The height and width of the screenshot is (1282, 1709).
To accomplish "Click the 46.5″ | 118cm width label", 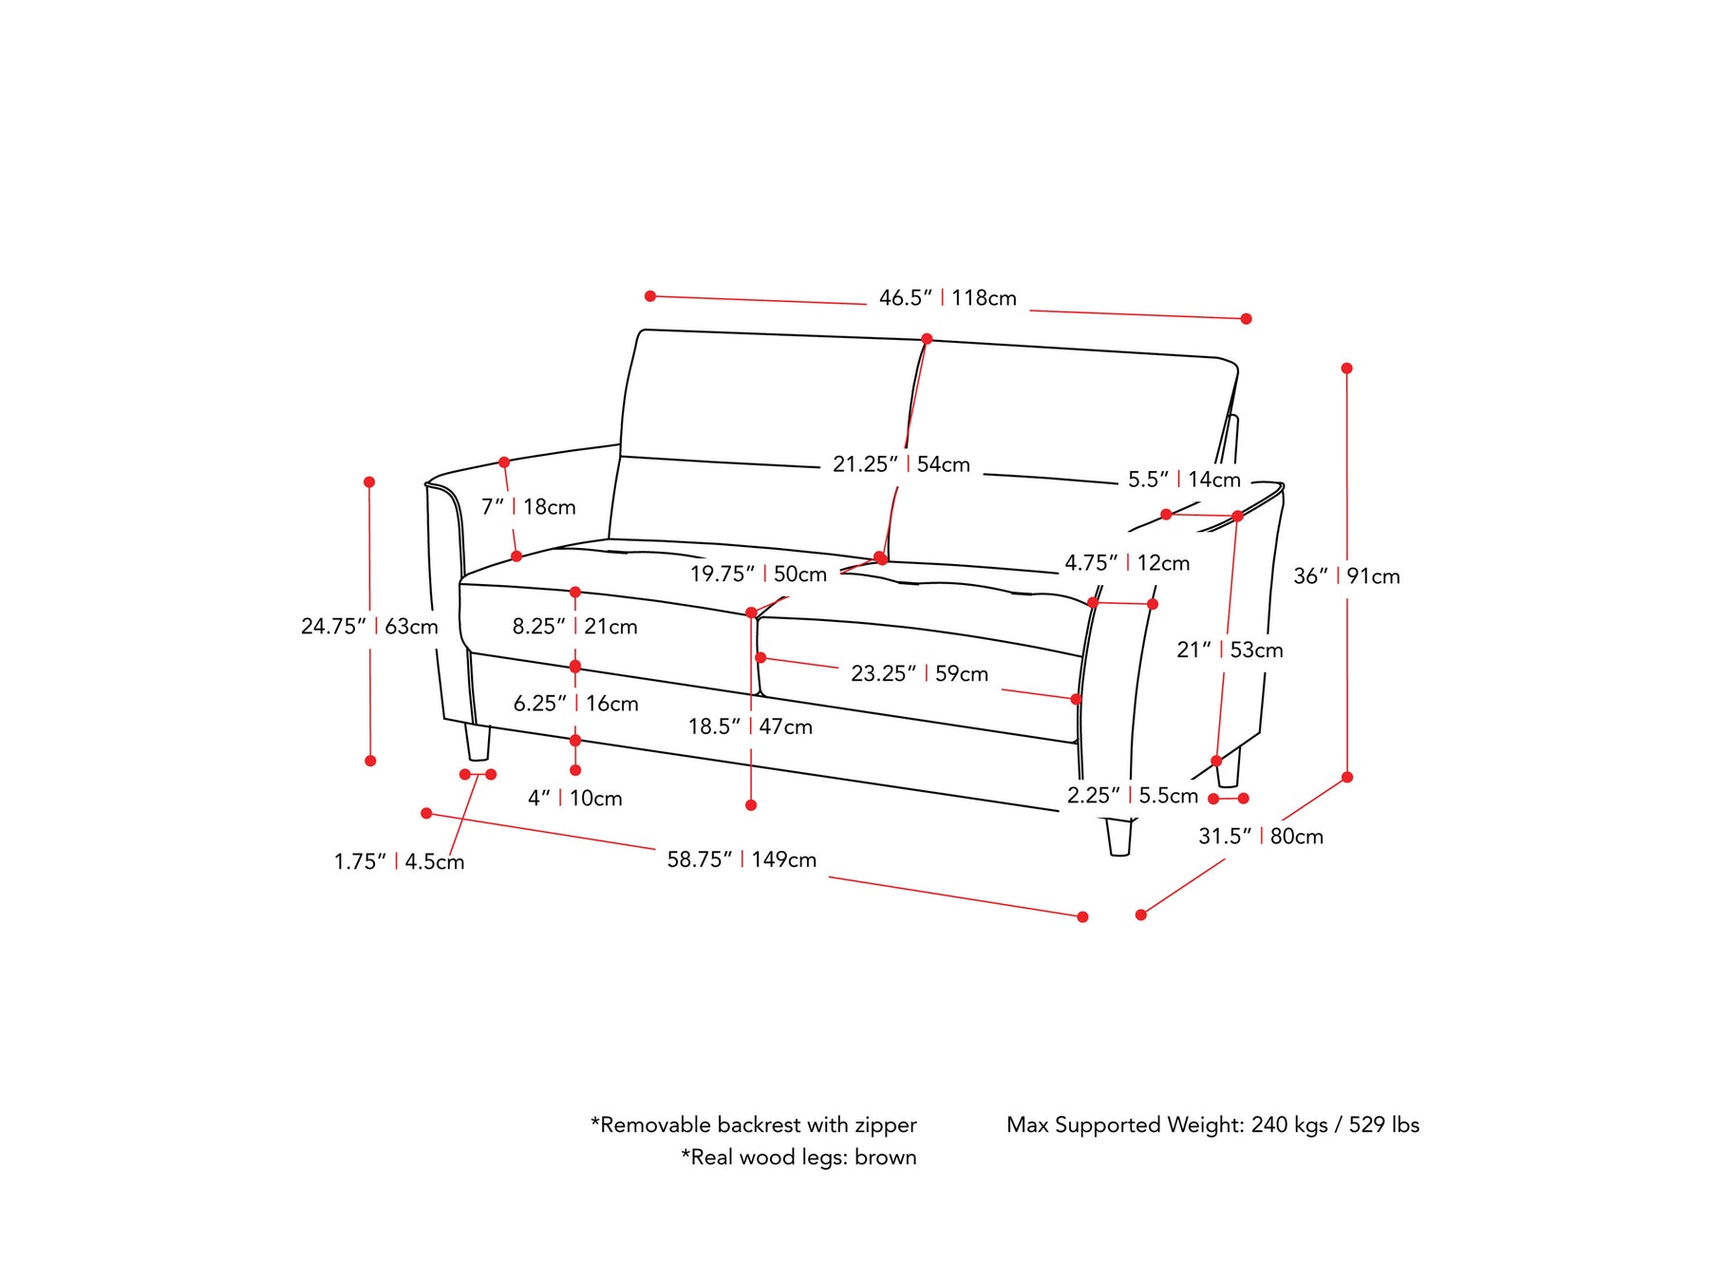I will tap(948, 298).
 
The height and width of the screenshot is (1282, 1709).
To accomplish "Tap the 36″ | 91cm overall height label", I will tap(1346, 576).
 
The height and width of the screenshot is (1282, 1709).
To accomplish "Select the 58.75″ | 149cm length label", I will tap(742, 859).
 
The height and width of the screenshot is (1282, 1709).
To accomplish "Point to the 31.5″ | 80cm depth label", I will tap(1260, 837).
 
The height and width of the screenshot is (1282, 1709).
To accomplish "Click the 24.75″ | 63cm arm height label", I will tap(369, 627).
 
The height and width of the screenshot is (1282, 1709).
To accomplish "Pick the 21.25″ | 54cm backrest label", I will tap(901, 464).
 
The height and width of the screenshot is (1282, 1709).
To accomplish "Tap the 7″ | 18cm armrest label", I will tap(528, 507).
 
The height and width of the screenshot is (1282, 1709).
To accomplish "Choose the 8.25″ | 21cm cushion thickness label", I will tap(574, 627).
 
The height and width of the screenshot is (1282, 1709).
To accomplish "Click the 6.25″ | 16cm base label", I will tap(575, 704).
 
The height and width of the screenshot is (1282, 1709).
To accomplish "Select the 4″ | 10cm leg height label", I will tap(574, 799).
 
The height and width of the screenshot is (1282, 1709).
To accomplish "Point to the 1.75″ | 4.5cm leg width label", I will tap(399, 862).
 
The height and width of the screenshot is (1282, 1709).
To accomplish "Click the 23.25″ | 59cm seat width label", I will tap(919, 674).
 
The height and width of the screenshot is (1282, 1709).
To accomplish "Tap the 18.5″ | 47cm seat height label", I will tap(750, 727).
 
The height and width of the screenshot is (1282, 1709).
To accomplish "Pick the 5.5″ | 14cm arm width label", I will tap(1184, 480).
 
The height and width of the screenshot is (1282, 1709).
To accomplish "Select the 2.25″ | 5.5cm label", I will tap(1132, 796).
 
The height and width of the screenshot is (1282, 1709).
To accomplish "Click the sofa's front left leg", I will tap(477, 743).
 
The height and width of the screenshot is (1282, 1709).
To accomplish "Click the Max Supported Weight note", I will tap(1212, 1125).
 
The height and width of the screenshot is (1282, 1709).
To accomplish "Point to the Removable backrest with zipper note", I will tap(753, 1125).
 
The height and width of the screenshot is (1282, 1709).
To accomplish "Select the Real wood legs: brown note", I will tap(798, 1158).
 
